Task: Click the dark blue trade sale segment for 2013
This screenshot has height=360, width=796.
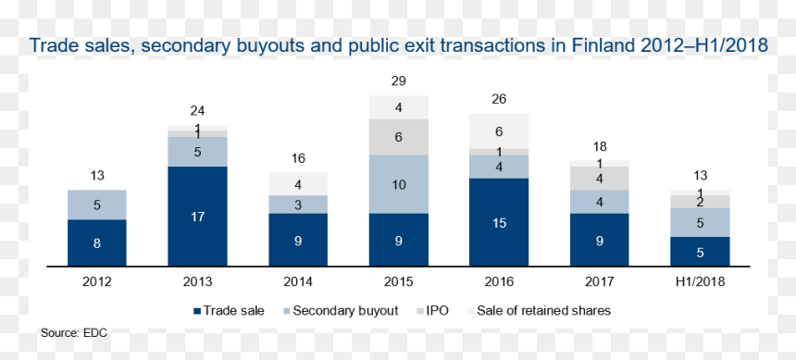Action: [197, 216]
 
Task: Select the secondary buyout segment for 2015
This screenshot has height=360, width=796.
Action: [399, 184]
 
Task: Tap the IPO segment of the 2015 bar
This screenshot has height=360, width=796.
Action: [399, 137]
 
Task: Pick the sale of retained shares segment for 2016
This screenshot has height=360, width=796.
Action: [499, 131]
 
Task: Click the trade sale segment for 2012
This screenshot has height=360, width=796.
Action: [97, 242]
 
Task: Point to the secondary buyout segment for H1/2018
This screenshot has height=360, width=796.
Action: [700, 222]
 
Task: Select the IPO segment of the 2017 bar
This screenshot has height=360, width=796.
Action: [600, 179]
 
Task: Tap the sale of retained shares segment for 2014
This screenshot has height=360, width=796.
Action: [298, 184]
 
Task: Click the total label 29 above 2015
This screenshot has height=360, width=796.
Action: [399, 81]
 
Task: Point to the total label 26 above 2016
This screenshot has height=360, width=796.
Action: [499, 99]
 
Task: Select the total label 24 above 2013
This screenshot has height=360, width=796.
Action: [197, 111]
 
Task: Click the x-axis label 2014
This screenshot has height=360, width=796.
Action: [298, 281]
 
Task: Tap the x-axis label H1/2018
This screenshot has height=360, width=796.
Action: [700, 281]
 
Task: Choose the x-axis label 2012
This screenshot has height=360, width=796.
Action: [97, 281]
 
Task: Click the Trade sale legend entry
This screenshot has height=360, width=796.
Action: [229, 311]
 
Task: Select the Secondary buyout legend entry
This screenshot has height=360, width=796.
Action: [341, 311]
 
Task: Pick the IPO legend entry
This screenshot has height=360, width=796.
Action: [432, 311]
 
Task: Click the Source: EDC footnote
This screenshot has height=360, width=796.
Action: [74, 333]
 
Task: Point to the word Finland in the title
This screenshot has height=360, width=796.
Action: [604, 45]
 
